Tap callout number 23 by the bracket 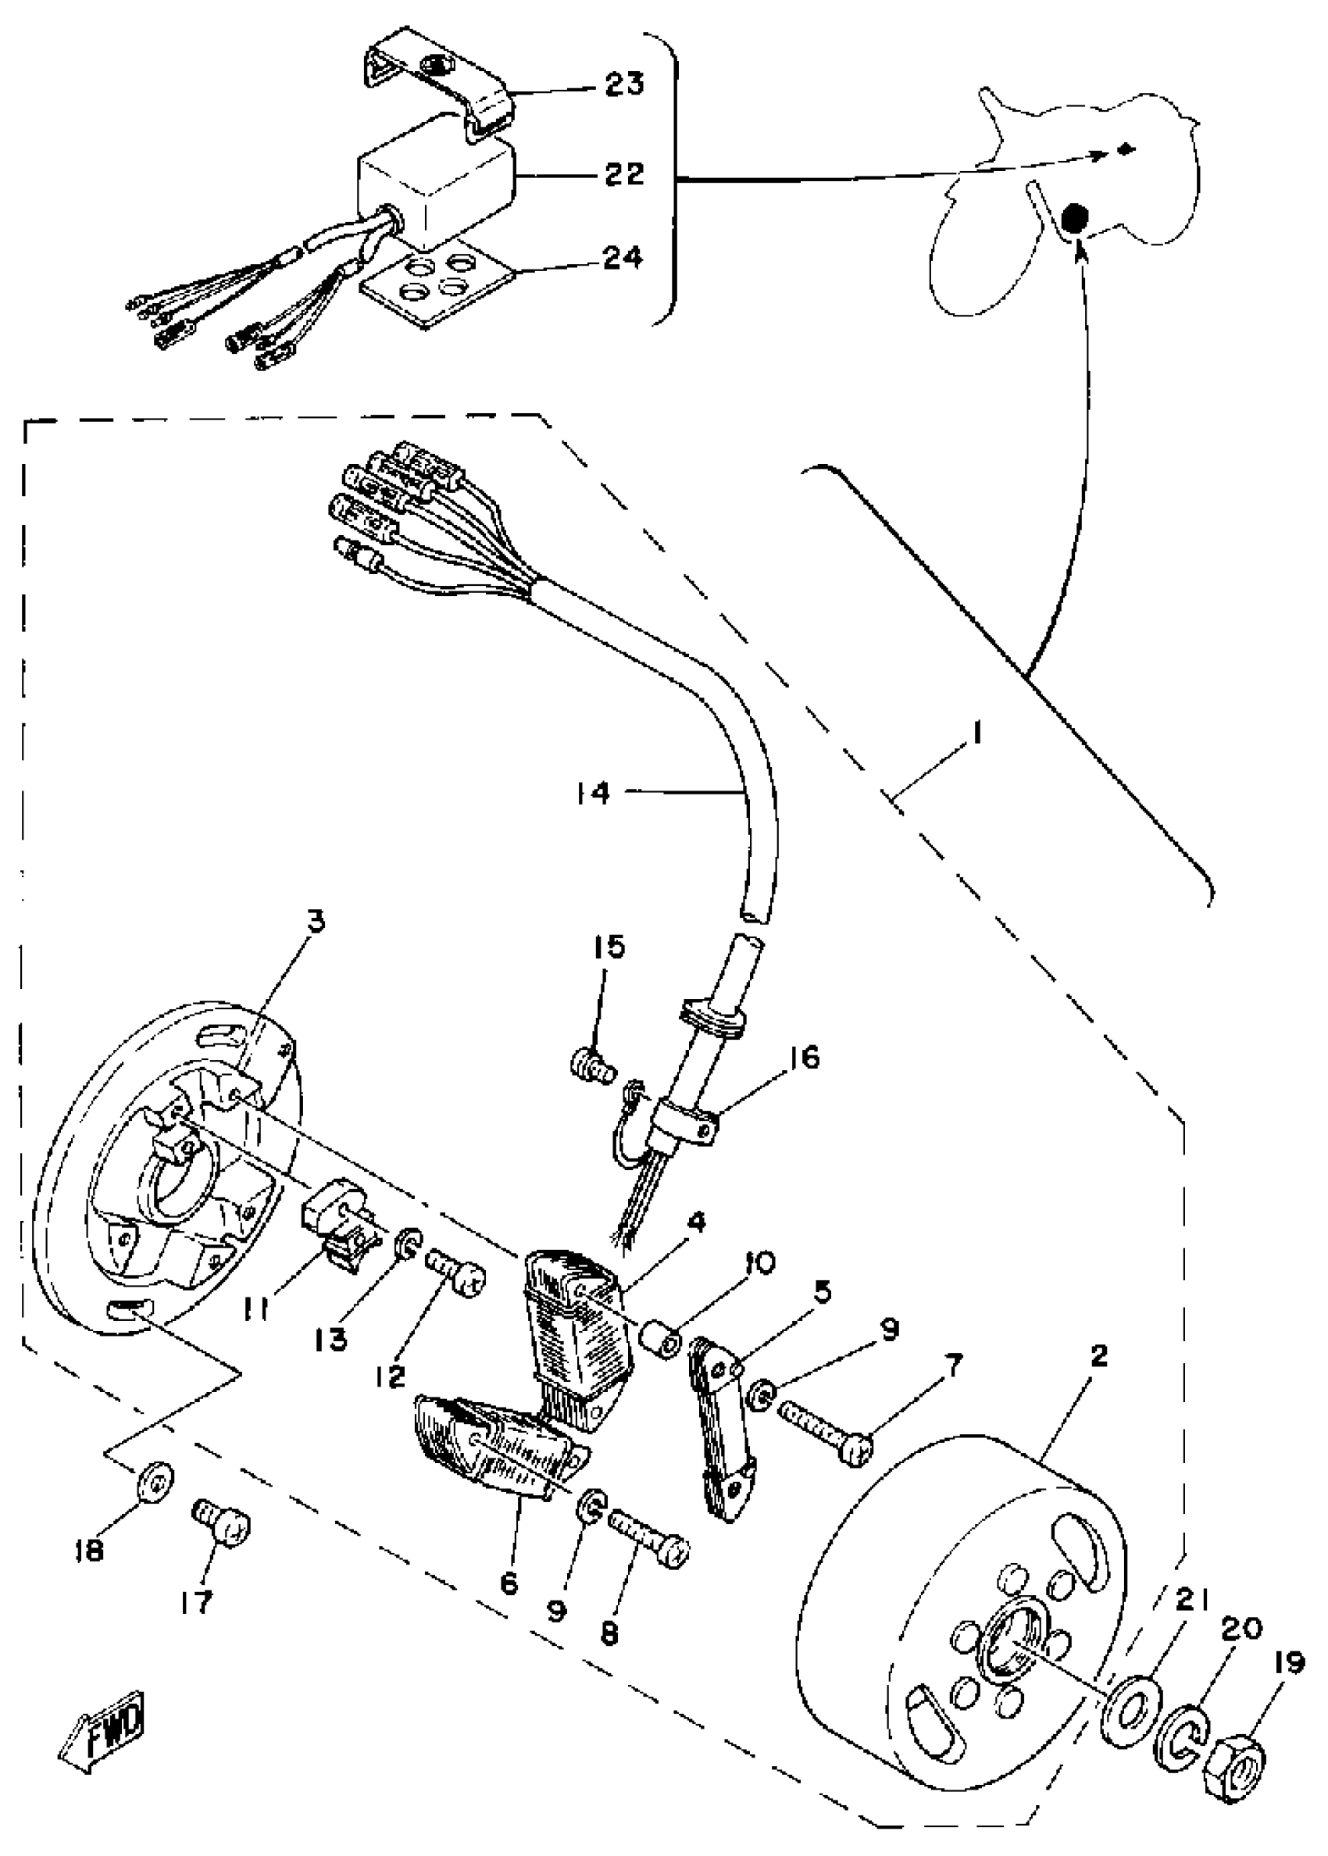tap(624, 84)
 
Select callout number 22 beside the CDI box tap(624, 174)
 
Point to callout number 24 tap(624, 259)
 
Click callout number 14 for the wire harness tap(593, 792)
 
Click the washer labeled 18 tap(154, 1481)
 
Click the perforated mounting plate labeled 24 tap(437, 284)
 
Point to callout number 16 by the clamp tap(805, 1057)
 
